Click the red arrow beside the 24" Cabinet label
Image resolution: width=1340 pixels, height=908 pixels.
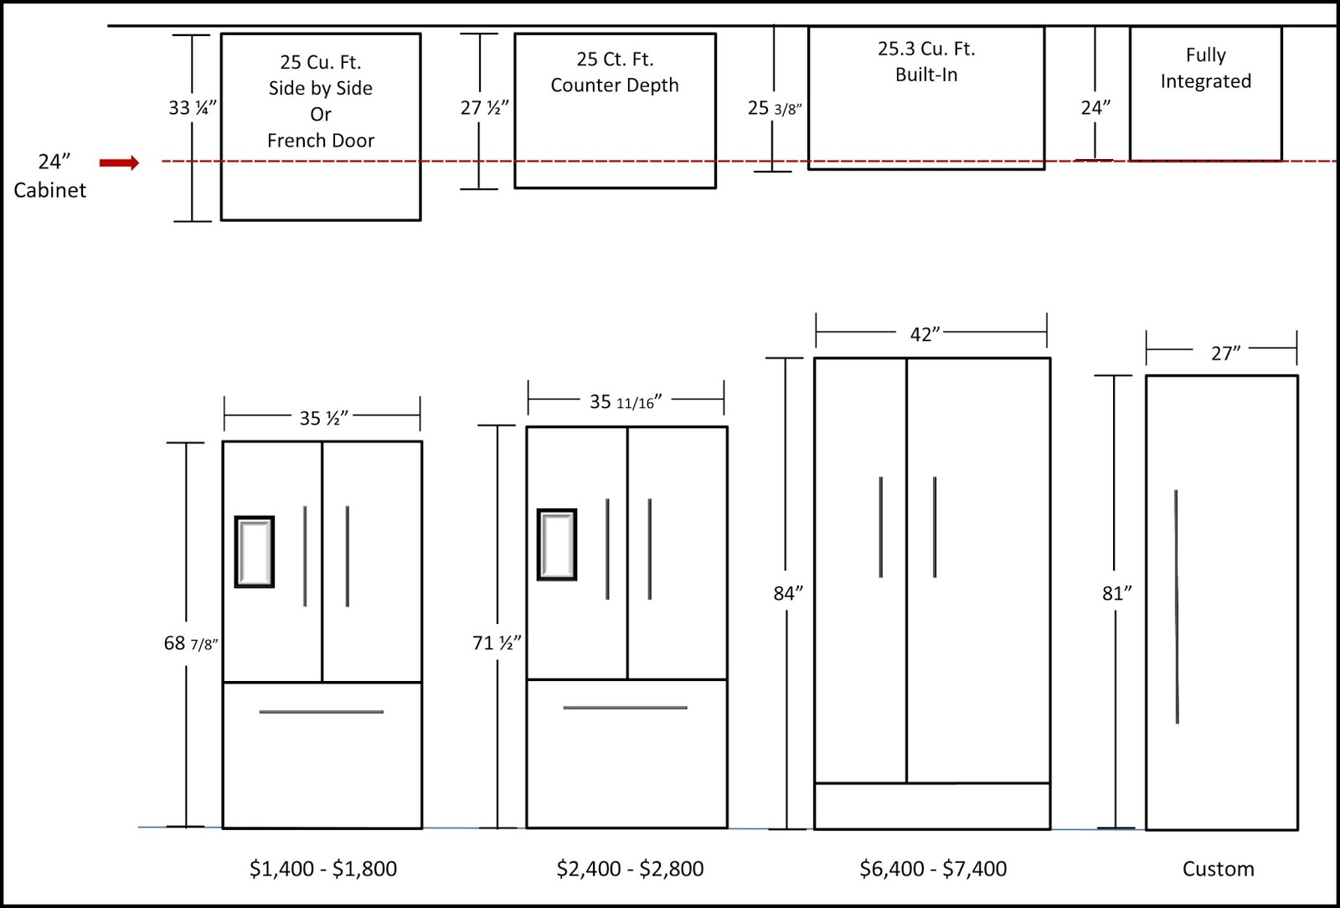pyautogui.click(x=119, y=163)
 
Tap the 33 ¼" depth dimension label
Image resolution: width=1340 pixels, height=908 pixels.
pyautogui.click(x=193, y=107)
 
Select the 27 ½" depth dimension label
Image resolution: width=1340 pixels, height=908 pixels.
pyautogui.click(x=484, y=108)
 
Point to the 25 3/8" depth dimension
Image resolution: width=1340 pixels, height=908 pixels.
pyautogui.click(x=775, y=108)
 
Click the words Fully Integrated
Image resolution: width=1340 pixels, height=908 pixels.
pyautogui.click(x=1205, y=68)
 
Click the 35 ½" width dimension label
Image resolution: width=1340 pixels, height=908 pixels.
pyautogui.click(x=323, y=417)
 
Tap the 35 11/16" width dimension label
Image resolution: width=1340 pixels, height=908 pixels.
pyautogui.click(x=625, y=402)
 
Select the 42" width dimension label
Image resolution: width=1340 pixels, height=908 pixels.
pyautogui.click(x=925, y=334)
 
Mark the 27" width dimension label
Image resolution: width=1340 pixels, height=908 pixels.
pyautogui.click(x=1225, y=353)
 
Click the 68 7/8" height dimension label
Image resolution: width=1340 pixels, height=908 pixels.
pyautogui.click(x=190, y=643)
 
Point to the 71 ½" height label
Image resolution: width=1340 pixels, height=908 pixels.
pyautogui.click(x=497, y=643)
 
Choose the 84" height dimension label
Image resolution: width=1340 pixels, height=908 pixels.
pyautogui.click(x=787, y=593)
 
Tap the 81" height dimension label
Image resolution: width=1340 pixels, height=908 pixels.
pyautogui.click(x=1116, y=593)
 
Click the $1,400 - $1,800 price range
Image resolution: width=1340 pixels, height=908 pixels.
pyautogui.click(x=323, y=869)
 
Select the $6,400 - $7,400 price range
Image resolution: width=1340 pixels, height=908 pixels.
pyautogui.click(x=933, y=869)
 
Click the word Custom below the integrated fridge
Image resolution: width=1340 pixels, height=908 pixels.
pyautogui.click(x=1218, y=869)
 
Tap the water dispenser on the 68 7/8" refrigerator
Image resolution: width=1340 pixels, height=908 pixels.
pyautogui.click(x=255, y=552)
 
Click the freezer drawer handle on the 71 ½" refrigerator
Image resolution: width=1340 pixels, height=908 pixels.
pyautogui.click(x=625, y=708)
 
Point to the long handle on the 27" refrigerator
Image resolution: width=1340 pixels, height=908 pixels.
pyautogui.click(x=1177, y=606)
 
